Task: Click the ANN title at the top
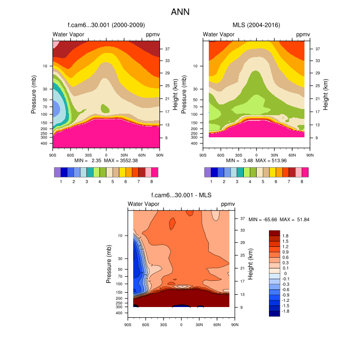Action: point(180,11)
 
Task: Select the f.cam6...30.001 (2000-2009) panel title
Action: point(106,25)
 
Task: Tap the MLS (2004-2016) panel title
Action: point(256,25)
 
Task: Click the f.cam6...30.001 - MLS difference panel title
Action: point(181,195)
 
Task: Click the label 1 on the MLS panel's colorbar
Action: point(211,182)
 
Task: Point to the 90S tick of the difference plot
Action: point(128,325)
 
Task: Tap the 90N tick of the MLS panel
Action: point(310,154)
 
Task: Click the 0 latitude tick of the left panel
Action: point(106,154)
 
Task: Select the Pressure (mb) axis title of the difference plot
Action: point(109,264)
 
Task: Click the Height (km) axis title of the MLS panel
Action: point(326,93)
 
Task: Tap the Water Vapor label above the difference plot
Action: point(143,205)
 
